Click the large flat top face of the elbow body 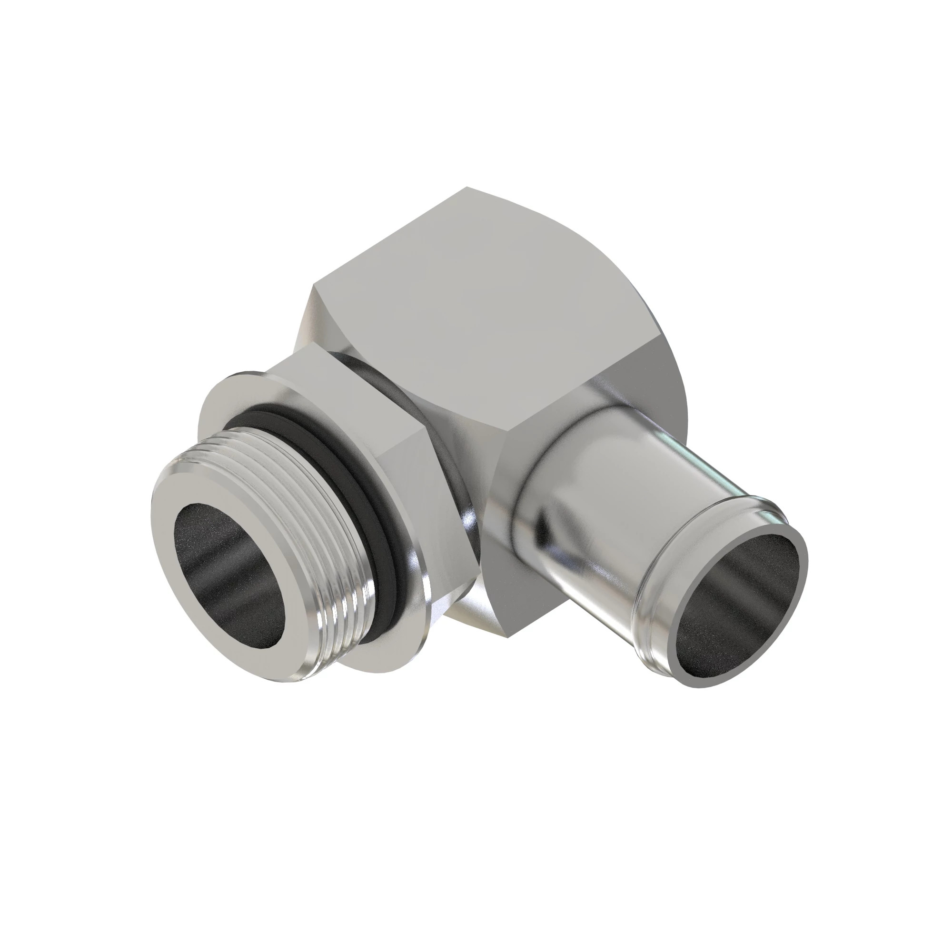click(473, 306)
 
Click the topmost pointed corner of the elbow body click(467, 188)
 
